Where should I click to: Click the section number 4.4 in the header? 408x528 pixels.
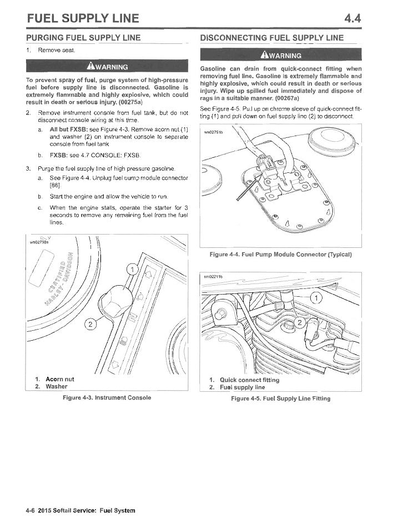pos(352,18)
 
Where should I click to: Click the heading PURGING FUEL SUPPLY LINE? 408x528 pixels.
pos(83,38)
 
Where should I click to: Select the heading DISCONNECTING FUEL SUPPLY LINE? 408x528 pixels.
pos(271,38)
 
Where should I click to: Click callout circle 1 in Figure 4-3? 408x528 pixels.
pos(132,270)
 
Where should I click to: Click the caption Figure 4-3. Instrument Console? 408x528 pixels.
pos(107,397)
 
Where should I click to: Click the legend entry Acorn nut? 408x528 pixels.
pos(59,379)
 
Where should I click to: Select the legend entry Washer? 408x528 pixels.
pos(56,386)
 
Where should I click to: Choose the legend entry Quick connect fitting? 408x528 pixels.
pos(249,380)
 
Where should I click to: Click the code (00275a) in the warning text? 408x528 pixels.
pos(128,102)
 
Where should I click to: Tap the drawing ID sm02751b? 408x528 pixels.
pos(213,132)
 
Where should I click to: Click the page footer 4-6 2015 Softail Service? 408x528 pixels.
pos(80,510)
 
